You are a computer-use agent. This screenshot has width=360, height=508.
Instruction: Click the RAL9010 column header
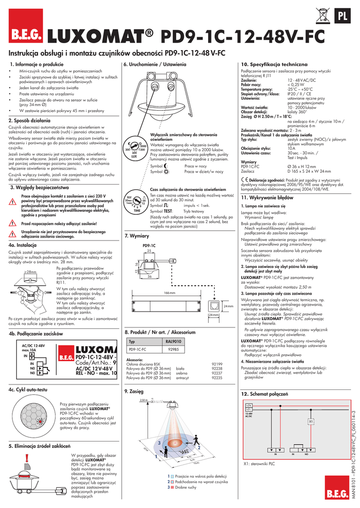tap(173, 342)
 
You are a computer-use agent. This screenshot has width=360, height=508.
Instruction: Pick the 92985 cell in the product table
tap(173, 349)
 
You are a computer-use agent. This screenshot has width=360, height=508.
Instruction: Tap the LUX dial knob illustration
tap(135, 146)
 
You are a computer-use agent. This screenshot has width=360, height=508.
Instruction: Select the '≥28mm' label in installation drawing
tap(30, 272)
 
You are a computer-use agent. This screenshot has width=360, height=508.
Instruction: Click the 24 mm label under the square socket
tap(214, 316)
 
